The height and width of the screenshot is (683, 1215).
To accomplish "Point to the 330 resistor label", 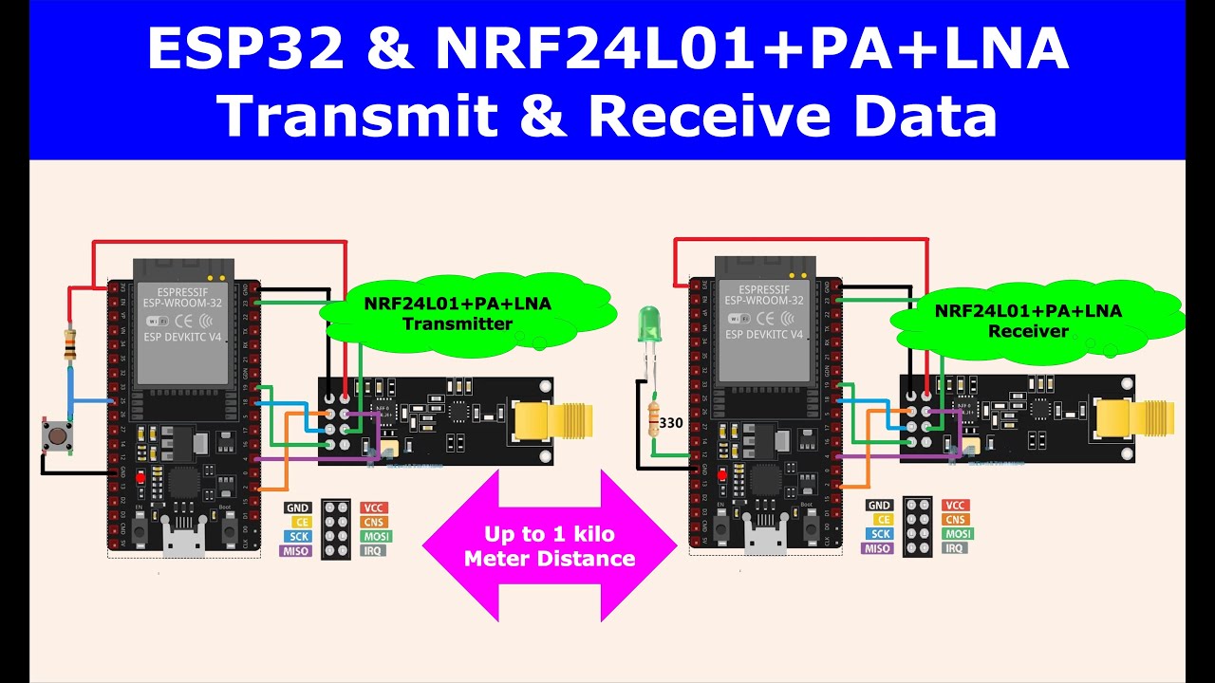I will pos(671,423).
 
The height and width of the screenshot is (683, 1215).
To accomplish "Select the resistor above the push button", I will pos(69,344).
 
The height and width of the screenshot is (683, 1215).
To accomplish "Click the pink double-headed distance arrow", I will pos(549,546).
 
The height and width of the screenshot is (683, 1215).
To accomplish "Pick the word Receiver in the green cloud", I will pos(1028,331).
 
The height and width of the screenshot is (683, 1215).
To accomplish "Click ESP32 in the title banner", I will pos(245,50).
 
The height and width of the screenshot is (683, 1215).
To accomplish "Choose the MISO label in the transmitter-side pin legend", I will pos(297,550).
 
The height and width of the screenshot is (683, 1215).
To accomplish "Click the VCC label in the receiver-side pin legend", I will pos(955,506).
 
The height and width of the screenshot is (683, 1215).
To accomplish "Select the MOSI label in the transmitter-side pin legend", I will pos(375,536).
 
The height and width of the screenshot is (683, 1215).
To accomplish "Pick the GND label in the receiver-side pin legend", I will pos(879,506).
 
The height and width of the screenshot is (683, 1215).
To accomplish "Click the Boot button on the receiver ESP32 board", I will pos(811,528).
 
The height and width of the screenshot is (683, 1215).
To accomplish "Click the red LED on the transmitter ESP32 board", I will pos(140,477).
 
